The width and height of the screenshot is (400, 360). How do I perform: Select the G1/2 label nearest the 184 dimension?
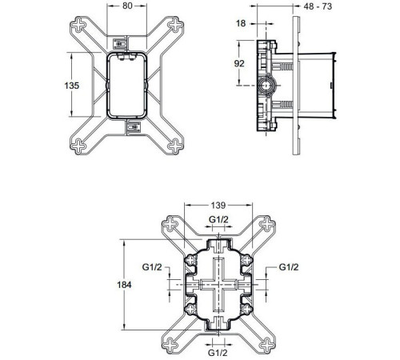pyautogui.click(x=154, y=268)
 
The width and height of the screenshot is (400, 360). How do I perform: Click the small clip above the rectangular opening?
pyautogui.click(x=122, y=44)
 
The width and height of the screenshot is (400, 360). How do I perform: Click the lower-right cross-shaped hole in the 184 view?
pyautogui.click(x=266, y=344)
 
